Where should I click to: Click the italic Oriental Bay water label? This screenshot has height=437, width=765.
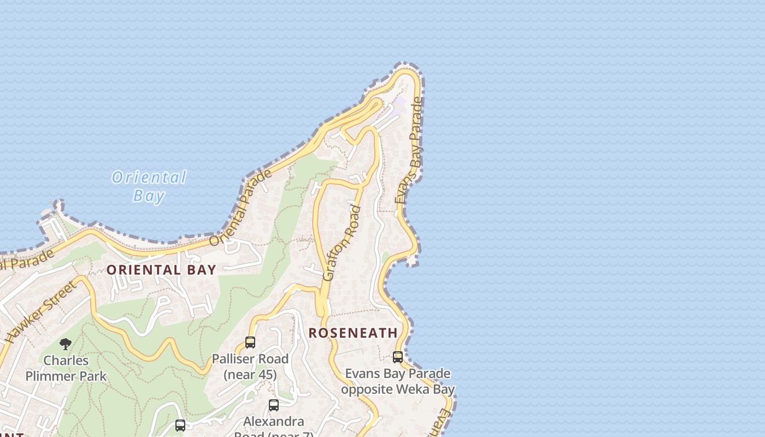click(149, 186)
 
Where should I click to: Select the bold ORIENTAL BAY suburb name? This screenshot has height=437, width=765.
click(161, 270)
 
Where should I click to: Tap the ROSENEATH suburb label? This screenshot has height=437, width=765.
click(353, 333)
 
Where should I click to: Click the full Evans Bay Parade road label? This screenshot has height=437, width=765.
click(409, 151)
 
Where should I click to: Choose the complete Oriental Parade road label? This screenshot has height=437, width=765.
click(240, 208)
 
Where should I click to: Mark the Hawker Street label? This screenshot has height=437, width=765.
click(41, 311)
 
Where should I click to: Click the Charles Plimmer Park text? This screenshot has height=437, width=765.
click(66, 368)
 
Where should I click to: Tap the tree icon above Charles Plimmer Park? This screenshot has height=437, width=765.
click(66, 344)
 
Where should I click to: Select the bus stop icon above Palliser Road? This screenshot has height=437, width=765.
click(250, 342)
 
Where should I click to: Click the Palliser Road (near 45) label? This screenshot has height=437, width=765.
click(250, 367)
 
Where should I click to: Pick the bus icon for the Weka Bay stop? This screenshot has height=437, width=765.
click(398, 357)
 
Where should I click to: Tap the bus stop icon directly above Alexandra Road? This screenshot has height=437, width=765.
click(274, 405)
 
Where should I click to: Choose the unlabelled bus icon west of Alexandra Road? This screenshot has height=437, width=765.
click(180, 425)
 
